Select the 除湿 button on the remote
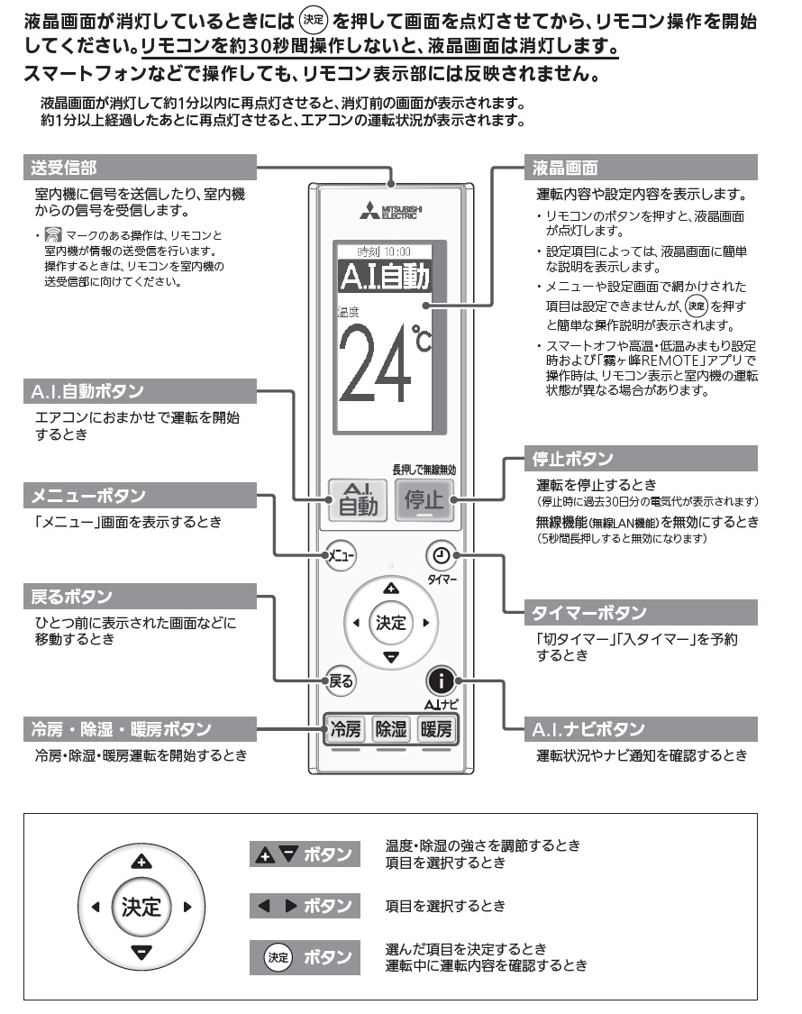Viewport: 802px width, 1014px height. pos(391,728)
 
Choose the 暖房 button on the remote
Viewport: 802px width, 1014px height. pos(436,728)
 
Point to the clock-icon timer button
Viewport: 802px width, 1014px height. pos(441,555)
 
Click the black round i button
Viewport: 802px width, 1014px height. pos(441,681)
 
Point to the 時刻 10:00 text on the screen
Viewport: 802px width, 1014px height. pos(383,251)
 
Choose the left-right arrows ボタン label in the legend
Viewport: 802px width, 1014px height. pos(305,905)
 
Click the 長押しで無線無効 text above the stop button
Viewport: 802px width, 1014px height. pos(424,469)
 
